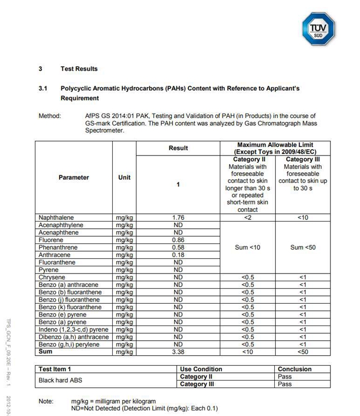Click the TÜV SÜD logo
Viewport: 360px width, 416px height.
(x=318, y=28)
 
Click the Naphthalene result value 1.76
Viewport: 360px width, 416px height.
(x=178, y=218)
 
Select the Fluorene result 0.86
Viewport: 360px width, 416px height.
(x=178, y=240)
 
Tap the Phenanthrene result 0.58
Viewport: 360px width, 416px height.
(x=178, y=248)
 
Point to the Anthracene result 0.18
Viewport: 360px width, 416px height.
(x=178, y=255)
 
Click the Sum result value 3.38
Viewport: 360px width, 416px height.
(x=178, y=352)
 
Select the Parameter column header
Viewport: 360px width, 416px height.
(x=73, y=177)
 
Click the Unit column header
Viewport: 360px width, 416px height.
(x=125, y=177)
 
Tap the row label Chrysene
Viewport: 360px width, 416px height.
(x=52, y=278)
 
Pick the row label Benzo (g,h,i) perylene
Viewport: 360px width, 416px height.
(x=69, y=345)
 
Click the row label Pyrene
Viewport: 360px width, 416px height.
(x=48, y=270)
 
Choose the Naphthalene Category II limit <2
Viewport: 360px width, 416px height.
(x=248, y=218)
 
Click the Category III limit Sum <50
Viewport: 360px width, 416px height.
(x=303, y=248)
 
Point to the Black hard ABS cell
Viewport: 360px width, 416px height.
(x=60, y=380)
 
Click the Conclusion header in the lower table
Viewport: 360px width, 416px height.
(x=295, y=369)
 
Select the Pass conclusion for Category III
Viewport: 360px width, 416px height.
(x=285, y=384)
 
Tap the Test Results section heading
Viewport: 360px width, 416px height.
(x=79, y=69)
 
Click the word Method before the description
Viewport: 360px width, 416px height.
(x=50, y=116)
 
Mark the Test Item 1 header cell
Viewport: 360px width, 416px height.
(x=55, y=369)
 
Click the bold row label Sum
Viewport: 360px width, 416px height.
(x=46, y=352)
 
